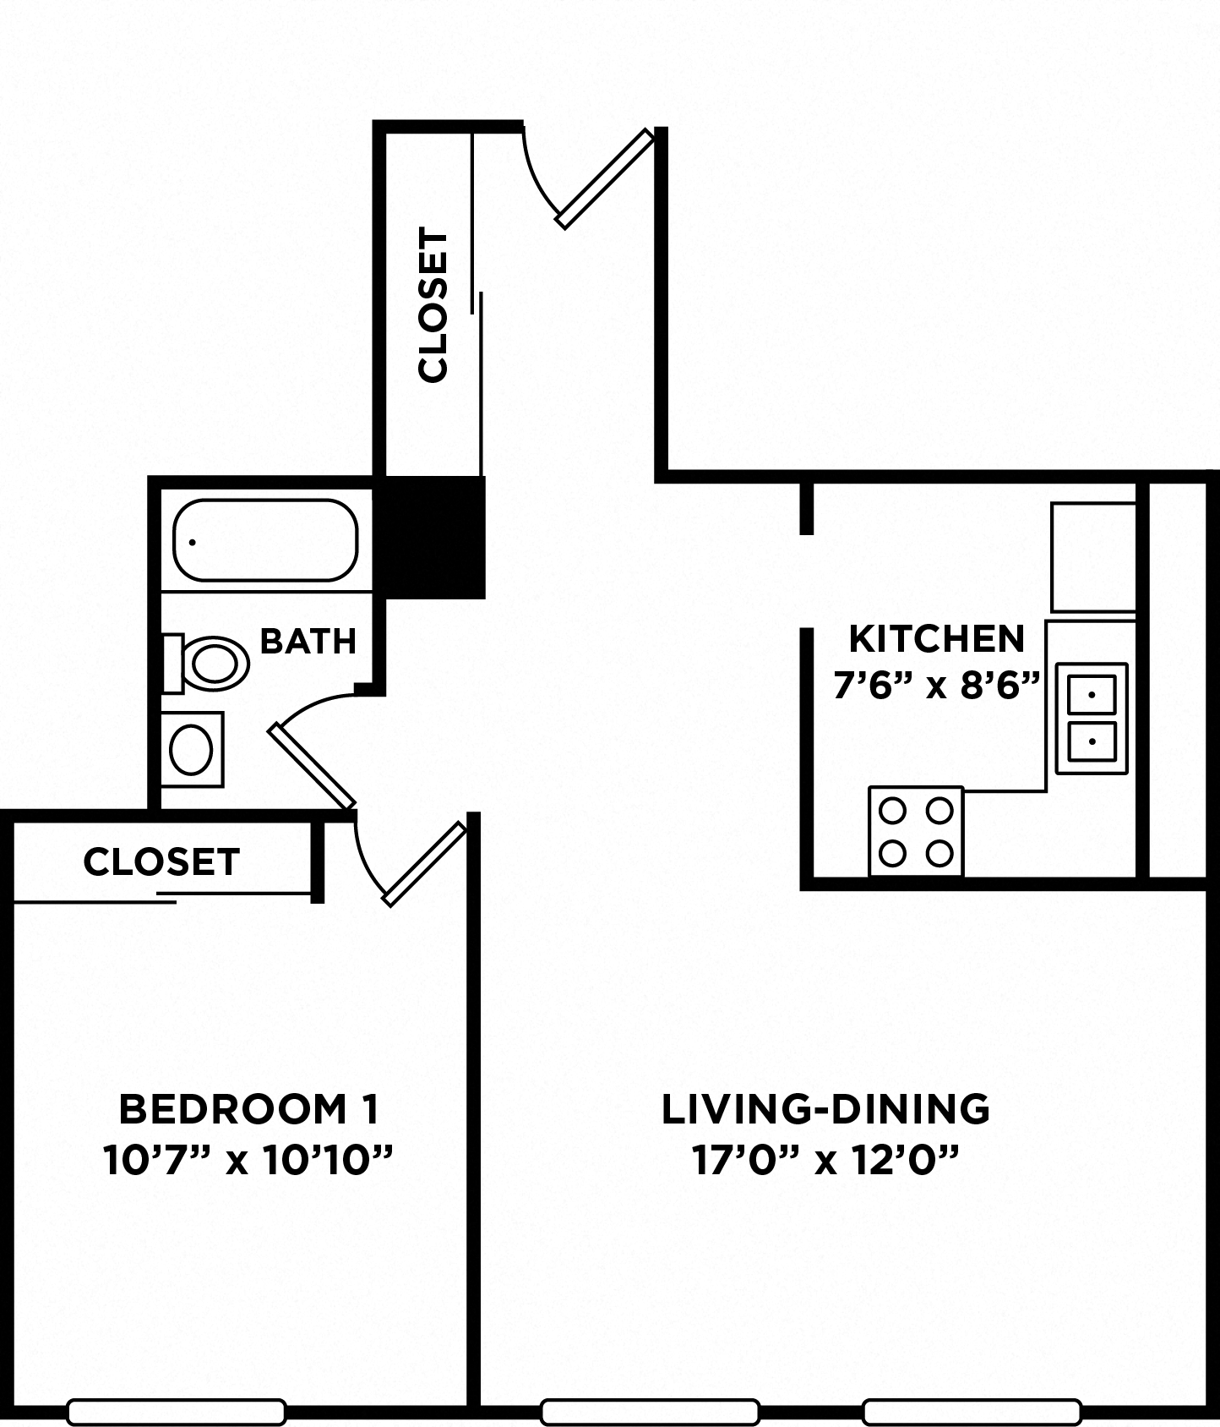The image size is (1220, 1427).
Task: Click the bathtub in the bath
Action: pyautogui.click(x=265, y=540)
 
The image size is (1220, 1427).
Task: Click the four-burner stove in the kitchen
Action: pyautogui.click(x=916, y=831)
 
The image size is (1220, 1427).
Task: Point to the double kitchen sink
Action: pyautogui.click(x=1092, y=719)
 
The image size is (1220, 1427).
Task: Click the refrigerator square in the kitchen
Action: pyautogui.click(x=1092, y=557)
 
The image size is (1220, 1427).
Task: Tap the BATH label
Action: pyautogui.click(x=308, y=642)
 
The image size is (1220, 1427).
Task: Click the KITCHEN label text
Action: pyautogui.click(x=936, y=639)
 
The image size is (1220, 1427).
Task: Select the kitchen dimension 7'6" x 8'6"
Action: pyautogui.click(x=935, y=686)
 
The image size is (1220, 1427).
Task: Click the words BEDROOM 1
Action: pyautogui.click(x=248, y=1109)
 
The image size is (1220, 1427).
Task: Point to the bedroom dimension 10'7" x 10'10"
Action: pyautogui.click(x=248, y=1160)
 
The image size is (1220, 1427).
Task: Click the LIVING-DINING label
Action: pyautogui.click(x=825, y=1109)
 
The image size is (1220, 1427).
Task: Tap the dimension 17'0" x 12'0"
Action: pyautogui.click(x=825, y=1160)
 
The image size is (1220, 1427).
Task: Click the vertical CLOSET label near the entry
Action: pyautogui.click(x=433, y=305)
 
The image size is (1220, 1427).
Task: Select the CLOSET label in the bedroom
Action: pyautogui.click(x=161, y=861)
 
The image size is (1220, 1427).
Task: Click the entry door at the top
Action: pyautogui.click(x=605, y=178)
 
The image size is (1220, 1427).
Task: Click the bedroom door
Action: pyautogui.click(x=424, y=864)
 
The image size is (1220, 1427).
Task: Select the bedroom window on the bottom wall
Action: pyautogui.click(x=176, y=1411)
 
